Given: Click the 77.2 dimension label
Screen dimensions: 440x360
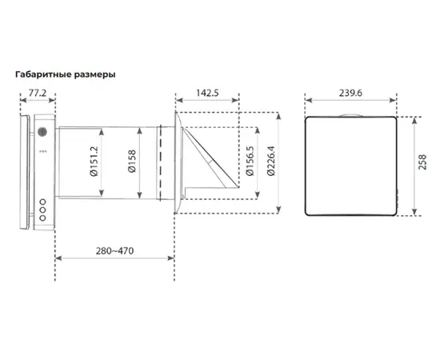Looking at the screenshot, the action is click(x=38, y=93).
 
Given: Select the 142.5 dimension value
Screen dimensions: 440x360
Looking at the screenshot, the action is click(x=207, y=93).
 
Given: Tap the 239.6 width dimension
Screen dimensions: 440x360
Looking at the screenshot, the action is click(x=350, y=93).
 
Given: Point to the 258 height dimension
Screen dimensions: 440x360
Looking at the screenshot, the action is click(x=422, y=162).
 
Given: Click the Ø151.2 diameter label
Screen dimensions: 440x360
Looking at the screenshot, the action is click(x=94, y=162).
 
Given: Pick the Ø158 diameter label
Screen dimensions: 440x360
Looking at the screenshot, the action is click(x=132, y=161).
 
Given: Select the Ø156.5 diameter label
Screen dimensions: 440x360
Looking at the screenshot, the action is click(x=250, y=161).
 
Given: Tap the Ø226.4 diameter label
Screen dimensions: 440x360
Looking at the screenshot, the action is click(x=271, y=161).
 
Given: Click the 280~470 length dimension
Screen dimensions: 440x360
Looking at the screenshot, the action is click(x=114, y=250).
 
